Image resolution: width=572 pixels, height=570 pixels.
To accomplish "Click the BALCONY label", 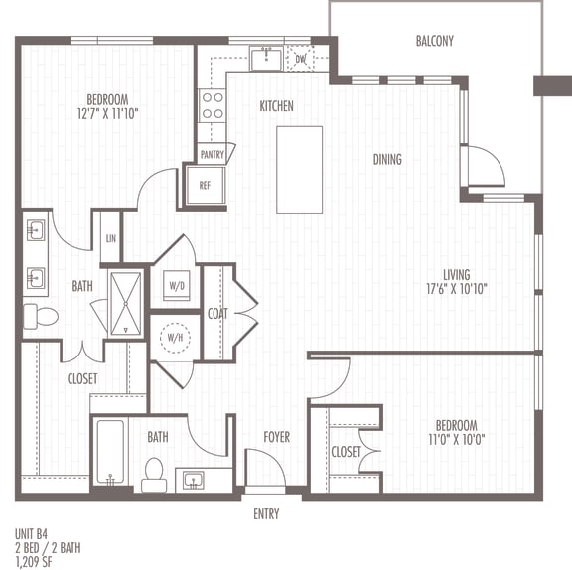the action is [435, 41].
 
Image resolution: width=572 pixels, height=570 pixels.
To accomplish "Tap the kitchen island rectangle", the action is [299, 170].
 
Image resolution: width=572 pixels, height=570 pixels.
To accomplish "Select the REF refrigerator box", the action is [205, 186].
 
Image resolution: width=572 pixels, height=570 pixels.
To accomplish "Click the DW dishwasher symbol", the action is [300, 59].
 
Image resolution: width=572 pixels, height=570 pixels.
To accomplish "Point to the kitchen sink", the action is [266, 59].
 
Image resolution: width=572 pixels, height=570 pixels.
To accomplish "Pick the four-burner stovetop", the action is [213, 106].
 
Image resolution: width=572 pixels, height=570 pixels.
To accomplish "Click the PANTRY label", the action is [212, 155].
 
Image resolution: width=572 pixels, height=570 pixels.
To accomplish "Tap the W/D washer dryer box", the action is [177, 285].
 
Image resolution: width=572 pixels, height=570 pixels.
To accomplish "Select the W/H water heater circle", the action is [175, 338].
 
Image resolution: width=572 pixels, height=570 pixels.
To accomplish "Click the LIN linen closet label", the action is [111, 239].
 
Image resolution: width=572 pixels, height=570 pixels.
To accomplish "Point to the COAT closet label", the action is [217, 314].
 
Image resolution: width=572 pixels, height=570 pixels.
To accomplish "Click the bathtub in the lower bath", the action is [110, 453].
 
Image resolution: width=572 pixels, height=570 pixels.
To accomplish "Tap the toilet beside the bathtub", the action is [154, 475].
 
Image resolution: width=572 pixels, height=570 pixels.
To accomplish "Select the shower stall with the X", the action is [126, 304].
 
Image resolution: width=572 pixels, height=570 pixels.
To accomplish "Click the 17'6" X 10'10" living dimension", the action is [457, 289].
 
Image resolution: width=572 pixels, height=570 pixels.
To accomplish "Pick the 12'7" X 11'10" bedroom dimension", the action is [107, 114].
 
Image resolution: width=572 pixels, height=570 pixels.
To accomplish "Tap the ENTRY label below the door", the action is [266, 514].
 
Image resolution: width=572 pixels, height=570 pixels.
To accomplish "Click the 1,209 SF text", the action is [33, 562].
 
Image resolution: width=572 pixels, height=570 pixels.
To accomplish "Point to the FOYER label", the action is [277, 437].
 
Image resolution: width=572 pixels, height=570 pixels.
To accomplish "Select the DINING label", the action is [387, 159].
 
